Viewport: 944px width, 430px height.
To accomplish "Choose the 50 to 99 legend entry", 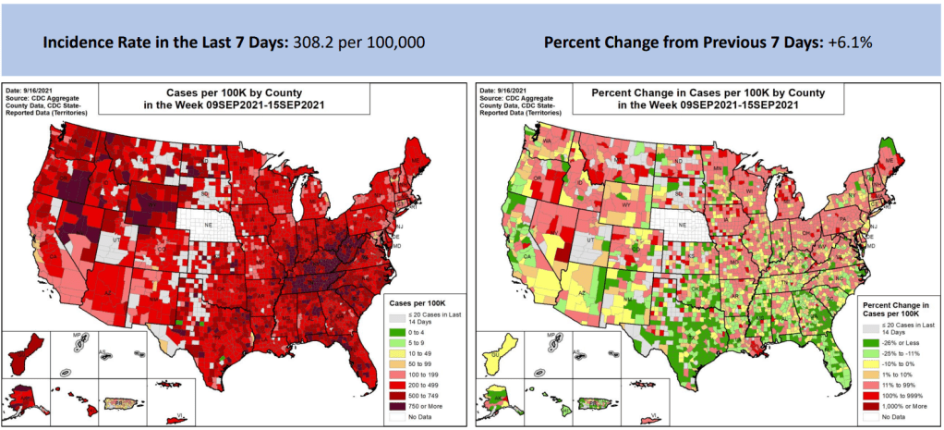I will (x=417, y=364).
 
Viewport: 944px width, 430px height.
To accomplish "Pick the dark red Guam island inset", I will (x=27, y=355).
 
